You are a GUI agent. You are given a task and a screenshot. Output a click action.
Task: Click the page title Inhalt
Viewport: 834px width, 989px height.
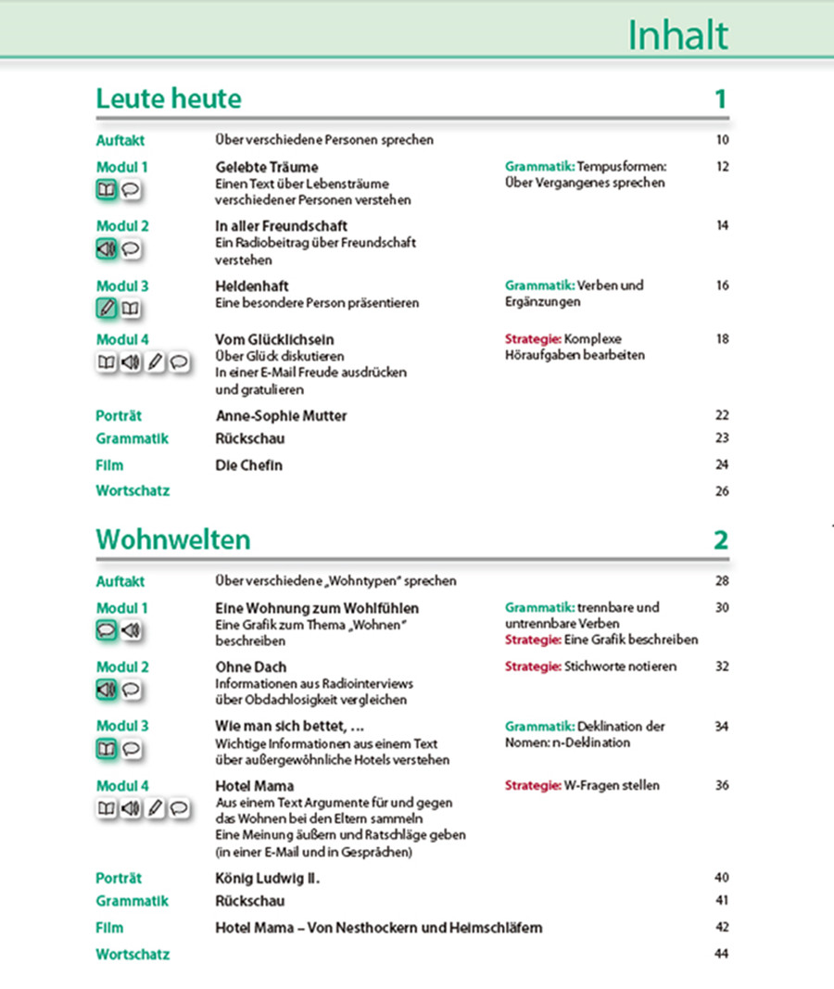pos(677,35)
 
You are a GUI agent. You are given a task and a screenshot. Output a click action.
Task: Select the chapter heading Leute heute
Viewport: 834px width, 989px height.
pos(169,99)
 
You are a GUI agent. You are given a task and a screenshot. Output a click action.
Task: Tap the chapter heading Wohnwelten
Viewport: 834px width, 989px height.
pos(173,539)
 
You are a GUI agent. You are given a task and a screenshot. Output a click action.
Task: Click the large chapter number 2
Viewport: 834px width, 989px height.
pos(721,539)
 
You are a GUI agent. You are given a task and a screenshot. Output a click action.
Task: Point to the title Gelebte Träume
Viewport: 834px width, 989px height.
pos(267,168)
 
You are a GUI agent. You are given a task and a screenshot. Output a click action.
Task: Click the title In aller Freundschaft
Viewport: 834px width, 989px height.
pos(282,226)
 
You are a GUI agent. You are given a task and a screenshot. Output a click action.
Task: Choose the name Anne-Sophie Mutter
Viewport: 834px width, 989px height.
pos(281,415)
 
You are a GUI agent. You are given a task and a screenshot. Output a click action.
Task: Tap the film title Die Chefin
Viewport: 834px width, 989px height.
pos(248,465)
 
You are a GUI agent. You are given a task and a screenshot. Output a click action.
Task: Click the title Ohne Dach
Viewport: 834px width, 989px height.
pos(251,667)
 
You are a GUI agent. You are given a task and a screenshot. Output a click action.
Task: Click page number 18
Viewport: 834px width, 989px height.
pos(723,339)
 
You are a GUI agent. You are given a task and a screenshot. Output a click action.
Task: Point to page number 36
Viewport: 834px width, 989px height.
pos(723,786)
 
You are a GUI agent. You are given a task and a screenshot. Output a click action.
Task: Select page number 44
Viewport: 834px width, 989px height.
pos(723,954)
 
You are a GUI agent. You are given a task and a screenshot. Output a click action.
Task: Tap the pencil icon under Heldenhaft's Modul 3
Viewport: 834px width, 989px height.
pos(107,309)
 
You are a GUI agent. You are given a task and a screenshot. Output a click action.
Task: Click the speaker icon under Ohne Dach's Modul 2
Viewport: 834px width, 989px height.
pos(107,690)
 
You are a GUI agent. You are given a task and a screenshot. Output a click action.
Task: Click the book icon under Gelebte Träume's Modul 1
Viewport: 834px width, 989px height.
pos(107,191)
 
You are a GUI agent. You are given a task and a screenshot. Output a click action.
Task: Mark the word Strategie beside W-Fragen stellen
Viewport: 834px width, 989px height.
pos(533,786)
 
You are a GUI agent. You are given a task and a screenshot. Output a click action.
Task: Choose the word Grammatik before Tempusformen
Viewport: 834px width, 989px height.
pos(539,168)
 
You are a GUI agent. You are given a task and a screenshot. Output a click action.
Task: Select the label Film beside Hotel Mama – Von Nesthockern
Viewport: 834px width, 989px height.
pos(109,928)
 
